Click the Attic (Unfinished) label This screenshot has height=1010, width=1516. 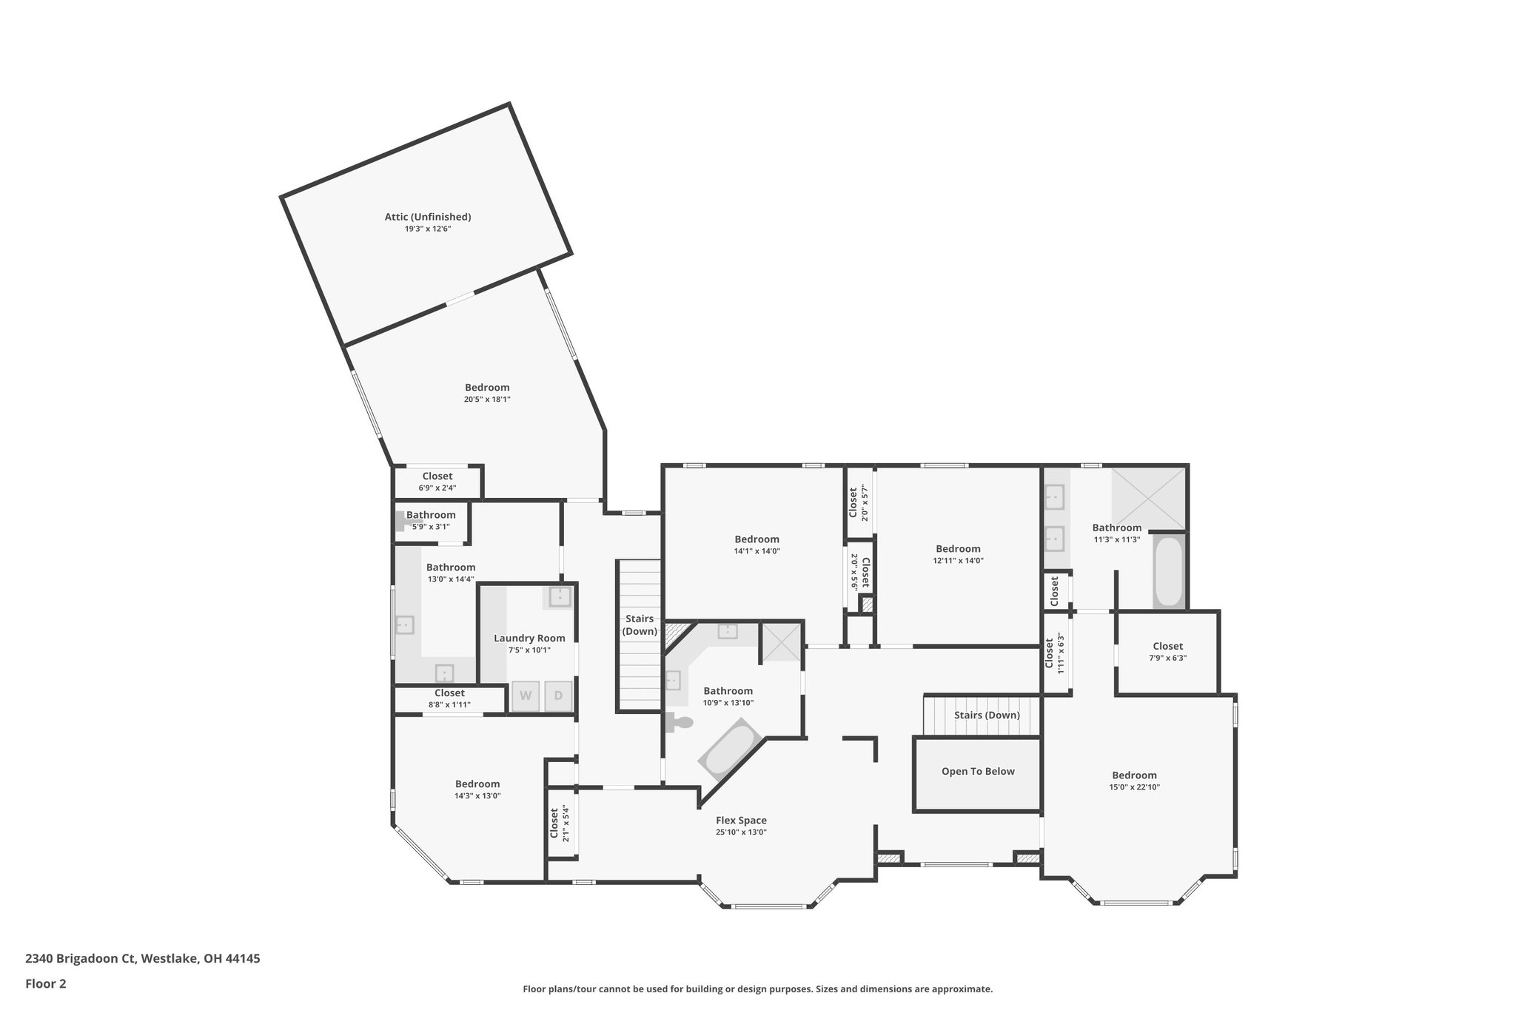click(427, 217)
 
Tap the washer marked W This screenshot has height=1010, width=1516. click(526, 696)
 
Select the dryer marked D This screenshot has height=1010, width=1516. click(559, 696)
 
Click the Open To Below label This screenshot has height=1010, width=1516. click(978, 771)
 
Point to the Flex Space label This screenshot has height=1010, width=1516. click(741, 820)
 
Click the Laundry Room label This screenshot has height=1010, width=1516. click(529, 638)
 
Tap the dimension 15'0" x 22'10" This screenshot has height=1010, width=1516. click(1134, 787)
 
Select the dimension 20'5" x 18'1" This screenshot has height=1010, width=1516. click(487, 400)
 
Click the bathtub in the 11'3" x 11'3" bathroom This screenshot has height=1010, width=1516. click(1170, 571)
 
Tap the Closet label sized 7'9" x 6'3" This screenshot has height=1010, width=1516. click(1167, 646)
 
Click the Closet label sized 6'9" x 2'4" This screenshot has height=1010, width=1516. click(437, 476)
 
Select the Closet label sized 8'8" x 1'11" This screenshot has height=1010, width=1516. click(449, 693)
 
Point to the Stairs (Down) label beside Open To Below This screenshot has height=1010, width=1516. click(987, 715)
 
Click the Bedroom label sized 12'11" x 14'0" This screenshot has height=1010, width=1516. click(958, 548)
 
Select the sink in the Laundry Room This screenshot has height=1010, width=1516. click(560, 596)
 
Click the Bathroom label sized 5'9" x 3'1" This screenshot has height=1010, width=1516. click(431, 515)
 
